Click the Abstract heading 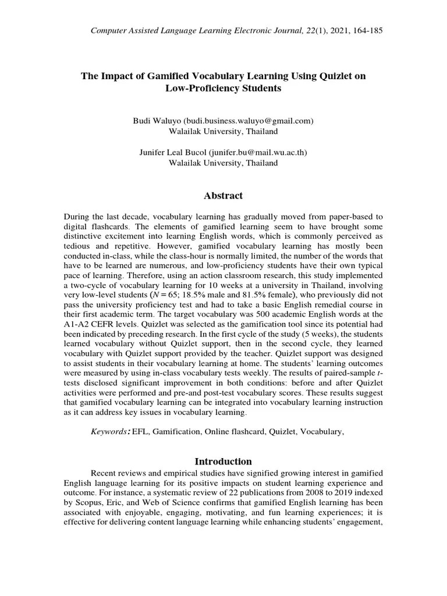point(223,196)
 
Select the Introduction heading point(223,461)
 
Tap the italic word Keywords point(109,432)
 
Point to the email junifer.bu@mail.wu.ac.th point(260,152)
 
